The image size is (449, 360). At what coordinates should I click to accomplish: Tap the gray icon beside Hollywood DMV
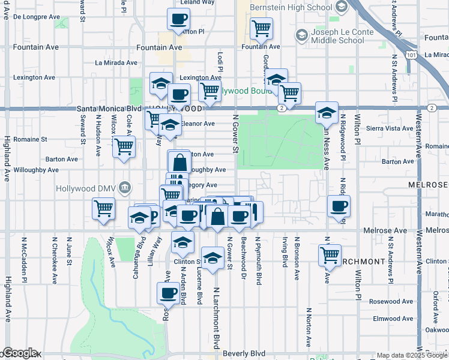click(x=125, y=187)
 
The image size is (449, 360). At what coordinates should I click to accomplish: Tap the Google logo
click(x=20, y=353)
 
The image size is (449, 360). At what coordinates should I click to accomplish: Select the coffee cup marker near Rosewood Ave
click(x=168, y=293)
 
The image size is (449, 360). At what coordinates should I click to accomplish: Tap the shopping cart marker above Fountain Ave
click(x=261, y=28)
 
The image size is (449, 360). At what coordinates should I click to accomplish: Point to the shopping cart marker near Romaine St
click(x=124, y=146)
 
